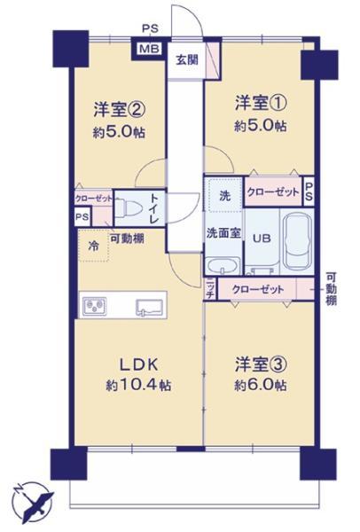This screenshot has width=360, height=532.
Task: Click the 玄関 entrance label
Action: (x=186, y=60)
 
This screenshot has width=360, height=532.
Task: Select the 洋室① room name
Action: (x=256, y=101)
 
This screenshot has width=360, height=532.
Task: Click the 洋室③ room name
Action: (x=259, y=364)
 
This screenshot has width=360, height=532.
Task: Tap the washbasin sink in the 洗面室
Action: (x=220, y=269)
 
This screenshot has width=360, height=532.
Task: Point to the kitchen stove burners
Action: (x=94, y=308)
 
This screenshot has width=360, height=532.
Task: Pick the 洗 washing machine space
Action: (x=223, y=194)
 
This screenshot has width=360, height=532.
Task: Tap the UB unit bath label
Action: (x=262, y=238)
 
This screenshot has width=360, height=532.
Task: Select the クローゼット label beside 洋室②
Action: (x=92, y=199)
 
